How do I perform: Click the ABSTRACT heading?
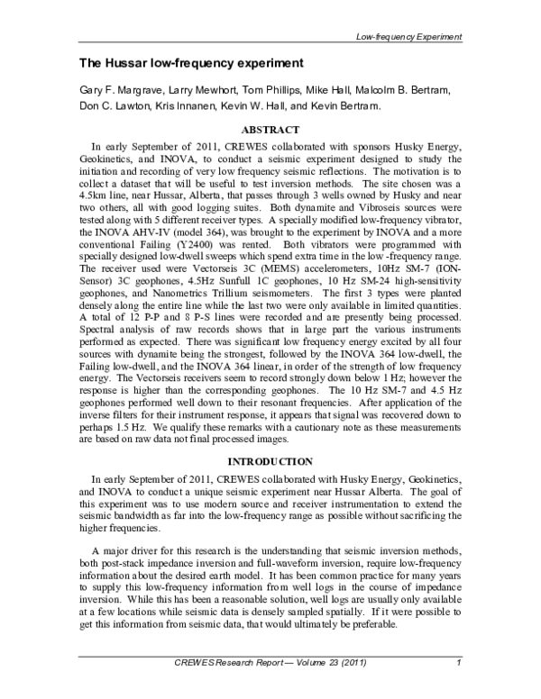[270, 129]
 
